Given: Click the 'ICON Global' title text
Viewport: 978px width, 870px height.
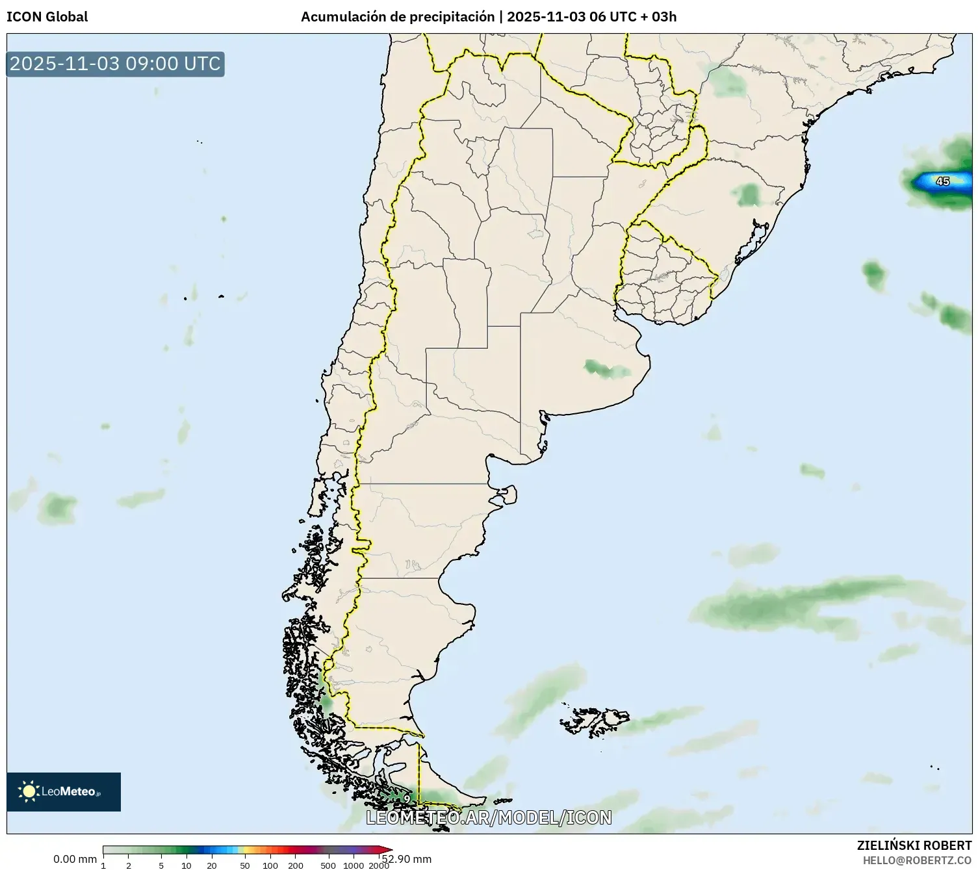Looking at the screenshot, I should click(47, 17).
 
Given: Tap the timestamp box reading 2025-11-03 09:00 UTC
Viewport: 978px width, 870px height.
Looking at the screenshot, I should click(115, 64).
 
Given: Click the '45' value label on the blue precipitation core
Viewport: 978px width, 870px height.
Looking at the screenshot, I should click(942, 181).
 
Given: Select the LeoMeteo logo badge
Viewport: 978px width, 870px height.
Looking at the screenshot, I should click(64, 791).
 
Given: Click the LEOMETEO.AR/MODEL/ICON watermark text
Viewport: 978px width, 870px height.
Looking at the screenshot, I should click(489, 817).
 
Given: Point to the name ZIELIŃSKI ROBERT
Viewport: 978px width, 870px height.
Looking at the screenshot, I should click(914, 845).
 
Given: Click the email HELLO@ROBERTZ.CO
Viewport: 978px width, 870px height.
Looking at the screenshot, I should click(917, 860).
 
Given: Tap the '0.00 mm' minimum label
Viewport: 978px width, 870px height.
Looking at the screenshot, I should click(75, 859).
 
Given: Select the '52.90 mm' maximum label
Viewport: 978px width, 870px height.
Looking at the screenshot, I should click(407, 859).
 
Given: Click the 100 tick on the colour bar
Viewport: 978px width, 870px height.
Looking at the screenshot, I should click(270, 865).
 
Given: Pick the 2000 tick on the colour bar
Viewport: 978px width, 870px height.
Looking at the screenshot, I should click(379, 865).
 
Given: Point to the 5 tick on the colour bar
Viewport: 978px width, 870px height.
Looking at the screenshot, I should click(161, 865).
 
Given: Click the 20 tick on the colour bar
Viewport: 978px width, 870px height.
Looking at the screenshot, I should click(212, 865).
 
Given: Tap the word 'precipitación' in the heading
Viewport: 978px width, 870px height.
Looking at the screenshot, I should click(452, 17).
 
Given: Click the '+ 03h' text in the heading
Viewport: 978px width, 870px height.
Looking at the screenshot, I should click(660, 17).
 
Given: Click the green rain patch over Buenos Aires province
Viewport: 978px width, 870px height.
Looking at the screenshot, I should click(607, 369).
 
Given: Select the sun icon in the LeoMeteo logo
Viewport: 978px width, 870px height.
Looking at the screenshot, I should click(29, 791).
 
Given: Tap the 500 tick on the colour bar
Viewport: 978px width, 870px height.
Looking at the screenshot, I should click(328, 865).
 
